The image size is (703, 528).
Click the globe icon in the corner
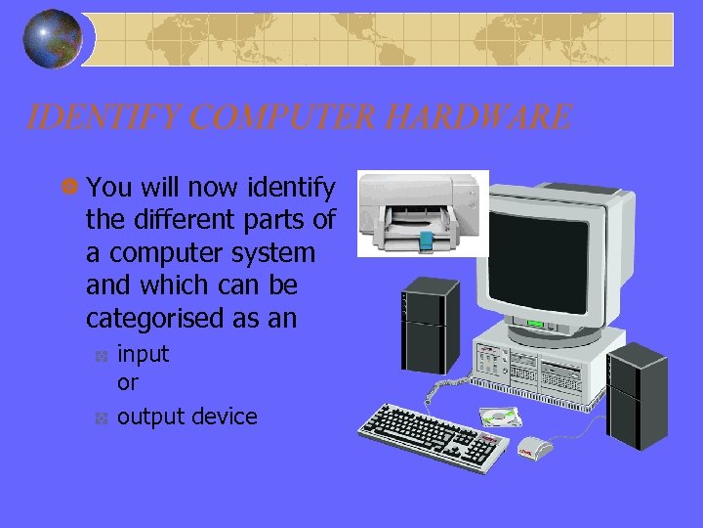(x=53, y=40)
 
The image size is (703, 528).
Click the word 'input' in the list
(x=143, y=354)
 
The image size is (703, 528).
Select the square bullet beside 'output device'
(x=101, y=419)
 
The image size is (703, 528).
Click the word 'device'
(x=225, y=417)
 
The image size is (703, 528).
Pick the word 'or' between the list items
(x=128, y=382)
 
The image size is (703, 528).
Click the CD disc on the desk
(x=502, y=418)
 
